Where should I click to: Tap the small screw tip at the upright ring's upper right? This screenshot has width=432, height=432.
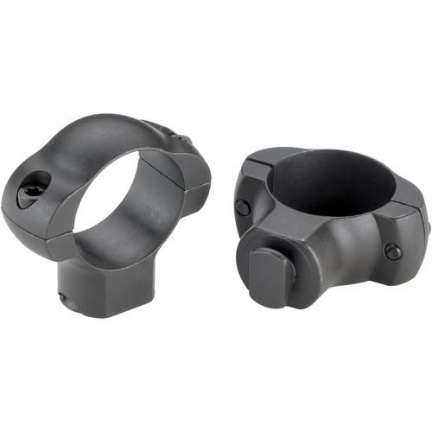pyautogui.click(x=183, y=139)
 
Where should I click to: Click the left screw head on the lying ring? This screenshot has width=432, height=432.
pyautogui.click(x=244, y=207)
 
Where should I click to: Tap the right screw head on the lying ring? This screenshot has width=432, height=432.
pyautogui.click(x=393, y=251)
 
